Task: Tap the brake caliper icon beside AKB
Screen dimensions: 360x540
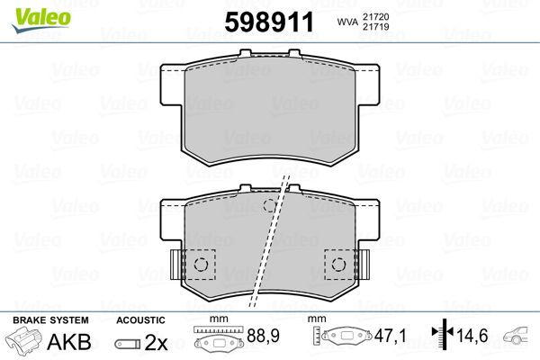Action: point(28,343)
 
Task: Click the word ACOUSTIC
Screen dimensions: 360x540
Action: point(140,319)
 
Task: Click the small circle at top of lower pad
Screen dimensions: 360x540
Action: point(267,206)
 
